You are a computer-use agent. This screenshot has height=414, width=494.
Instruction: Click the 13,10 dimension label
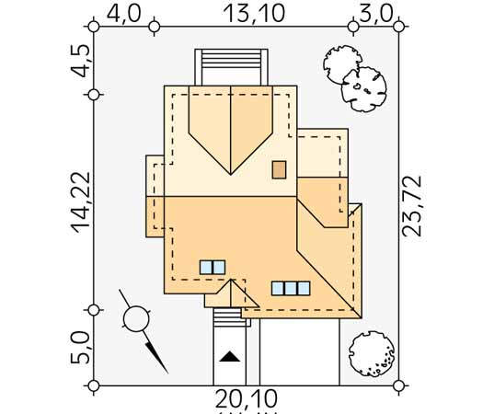coord(254,14)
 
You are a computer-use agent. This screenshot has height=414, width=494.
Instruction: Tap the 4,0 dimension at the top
coord(124,14)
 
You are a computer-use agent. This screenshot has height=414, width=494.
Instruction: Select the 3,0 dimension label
coord(376,14)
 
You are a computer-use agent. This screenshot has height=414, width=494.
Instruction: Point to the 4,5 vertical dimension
coord(80,61)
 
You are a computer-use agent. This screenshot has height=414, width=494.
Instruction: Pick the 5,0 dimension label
coord(80,347)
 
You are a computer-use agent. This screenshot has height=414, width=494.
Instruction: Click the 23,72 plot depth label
coord(412,206)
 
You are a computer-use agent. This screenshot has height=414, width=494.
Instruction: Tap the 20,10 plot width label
coord(247,398)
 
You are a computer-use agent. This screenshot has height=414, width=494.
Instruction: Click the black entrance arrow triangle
coord(230,356)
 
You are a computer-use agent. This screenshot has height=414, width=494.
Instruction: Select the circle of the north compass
coord(136,319)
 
